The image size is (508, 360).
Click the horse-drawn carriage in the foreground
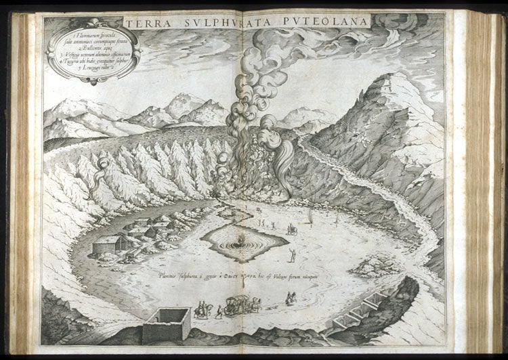click(241, 305)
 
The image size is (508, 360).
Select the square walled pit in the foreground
click(166, 324)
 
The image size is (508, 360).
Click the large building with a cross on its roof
click(110, 244)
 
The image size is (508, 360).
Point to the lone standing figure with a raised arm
click(293, 255)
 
